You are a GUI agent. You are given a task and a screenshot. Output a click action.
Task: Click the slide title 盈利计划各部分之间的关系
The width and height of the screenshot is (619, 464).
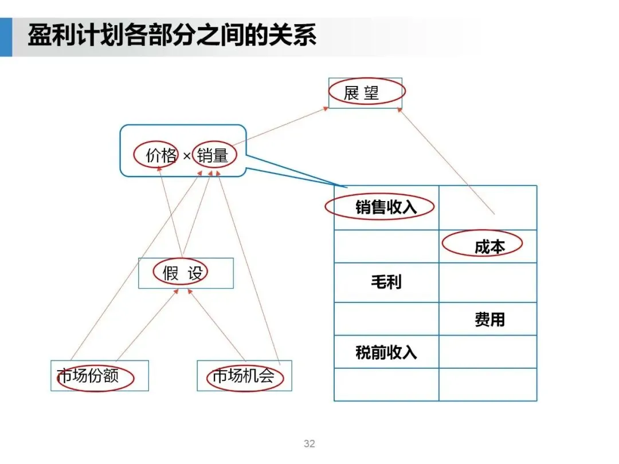click(172, 36)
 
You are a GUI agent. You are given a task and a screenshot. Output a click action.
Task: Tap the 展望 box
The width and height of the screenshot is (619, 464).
click(365, 93)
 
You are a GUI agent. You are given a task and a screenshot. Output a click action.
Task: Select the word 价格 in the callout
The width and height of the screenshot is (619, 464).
click(161, 155)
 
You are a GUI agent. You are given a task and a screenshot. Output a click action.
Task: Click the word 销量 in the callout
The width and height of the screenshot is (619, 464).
click(213, 155)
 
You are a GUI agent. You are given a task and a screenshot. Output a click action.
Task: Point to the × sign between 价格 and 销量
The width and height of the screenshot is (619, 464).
click(186, 156)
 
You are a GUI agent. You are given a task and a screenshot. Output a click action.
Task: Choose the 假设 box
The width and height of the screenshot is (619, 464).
click(186, 273)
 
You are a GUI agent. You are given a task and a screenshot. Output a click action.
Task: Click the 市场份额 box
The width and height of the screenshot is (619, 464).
click(99, 376)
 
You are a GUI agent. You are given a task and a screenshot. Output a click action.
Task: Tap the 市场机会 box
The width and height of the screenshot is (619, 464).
click(244, 376)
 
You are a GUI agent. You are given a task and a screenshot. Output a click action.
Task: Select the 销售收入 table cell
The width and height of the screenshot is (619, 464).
click(386, 207)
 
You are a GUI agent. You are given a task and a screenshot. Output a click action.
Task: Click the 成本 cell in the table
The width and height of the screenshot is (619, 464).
click(488, 246)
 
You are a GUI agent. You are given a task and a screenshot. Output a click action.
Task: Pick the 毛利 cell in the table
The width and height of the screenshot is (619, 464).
click(386, 282)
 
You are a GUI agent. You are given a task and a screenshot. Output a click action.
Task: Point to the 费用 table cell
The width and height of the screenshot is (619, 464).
click(488, 319)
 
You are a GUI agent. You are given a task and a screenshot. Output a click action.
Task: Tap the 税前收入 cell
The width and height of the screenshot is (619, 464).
click(386, 352)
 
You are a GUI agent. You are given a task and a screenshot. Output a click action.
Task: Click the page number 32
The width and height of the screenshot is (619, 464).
click(309, 444)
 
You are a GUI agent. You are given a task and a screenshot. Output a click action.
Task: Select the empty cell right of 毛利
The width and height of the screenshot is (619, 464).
click(488, 282)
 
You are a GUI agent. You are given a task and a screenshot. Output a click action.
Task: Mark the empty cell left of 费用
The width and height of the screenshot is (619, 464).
click(386, 319)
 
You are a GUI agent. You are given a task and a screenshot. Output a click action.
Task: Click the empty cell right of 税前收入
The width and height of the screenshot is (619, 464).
click(488, 352)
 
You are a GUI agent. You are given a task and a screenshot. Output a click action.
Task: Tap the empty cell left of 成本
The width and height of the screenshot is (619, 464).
click(386, 246)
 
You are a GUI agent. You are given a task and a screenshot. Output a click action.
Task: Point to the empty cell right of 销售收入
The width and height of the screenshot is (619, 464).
click(488, 207)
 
